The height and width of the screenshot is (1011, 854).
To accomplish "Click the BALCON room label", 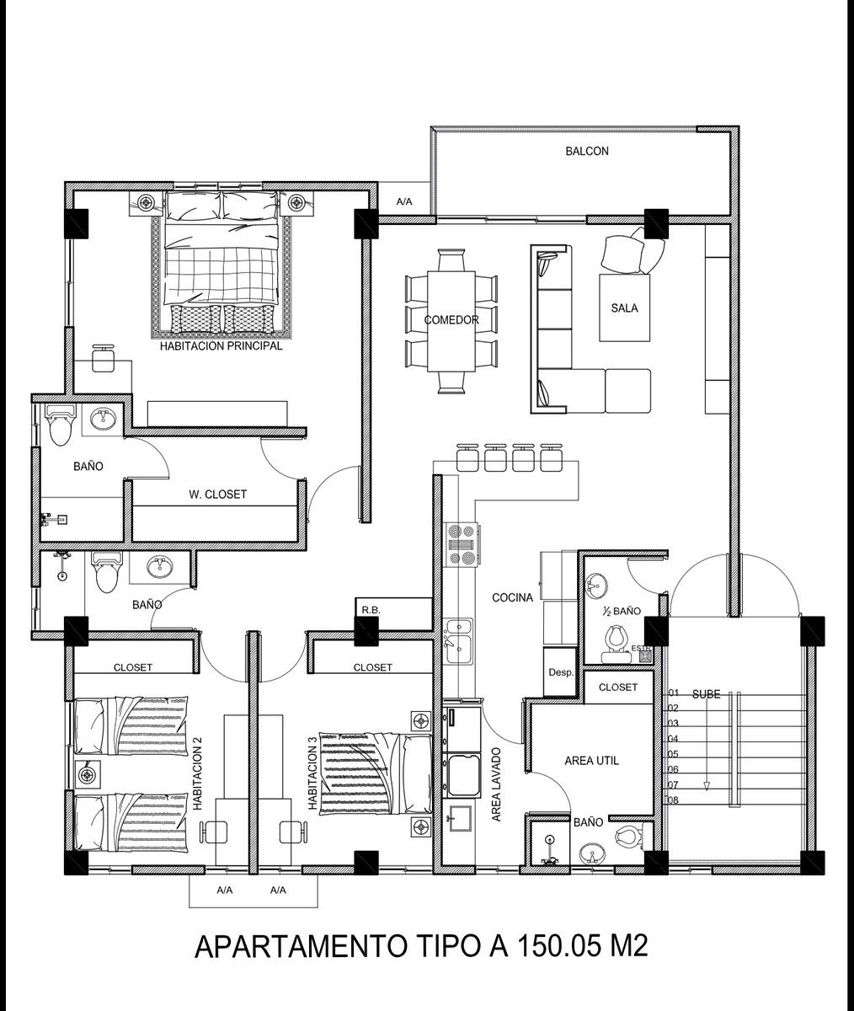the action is click(x=587, y=151).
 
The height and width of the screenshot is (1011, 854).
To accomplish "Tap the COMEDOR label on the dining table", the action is click(x=451, y=320).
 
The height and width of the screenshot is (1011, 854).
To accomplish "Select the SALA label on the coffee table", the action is click(x=624, y=308).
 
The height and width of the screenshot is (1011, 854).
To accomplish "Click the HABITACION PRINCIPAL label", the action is click(x=221, y=346).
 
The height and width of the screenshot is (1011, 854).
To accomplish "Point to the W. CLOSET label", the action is click(x=217, y=495).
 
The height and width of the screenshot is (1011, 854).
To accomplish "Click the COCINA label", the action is click(x=512, y=598).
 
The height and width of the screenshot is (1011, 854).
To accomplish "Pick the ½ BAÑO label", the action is click(x=622, y=612).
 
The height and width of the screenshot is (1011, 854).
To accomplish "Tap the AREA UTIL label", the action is click(x=591, y=761).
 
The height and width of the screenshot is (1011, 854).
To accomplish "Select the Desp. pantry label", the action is click(x=561, y=672).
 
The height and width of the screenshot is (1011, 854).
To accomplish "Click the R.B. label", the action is click(x=371, y=611).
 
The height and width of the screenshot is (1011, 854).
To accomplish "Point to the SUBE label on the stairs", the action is click(x=706, y=695).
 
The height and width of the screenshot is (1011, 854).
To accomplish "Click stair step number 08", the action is click(x=673, y=800).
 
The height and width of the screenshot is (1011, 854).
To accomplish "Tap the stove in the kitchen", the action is click(x=463, y=545).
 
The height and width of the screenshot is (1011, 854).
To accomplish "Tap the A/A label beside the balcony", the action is click(x=404, y=202).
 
